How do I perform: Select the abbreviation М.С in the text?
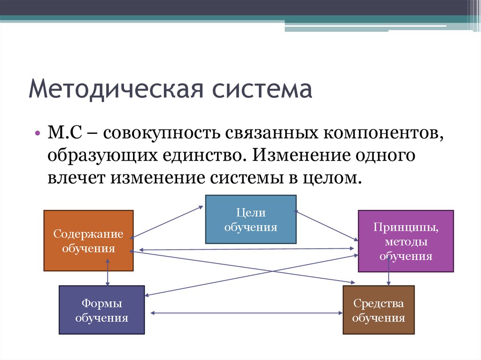tap(65, 133)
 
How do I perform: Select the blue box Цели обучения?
tap(251, 219)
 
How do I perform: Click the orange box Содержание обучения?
tap(88, 240)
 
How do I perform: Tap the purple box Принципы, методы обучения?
tap(406, 241)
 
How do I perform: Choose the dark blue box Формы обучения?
tap(101, 310)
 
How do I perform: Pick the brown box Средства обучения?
tap(379, 310)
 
